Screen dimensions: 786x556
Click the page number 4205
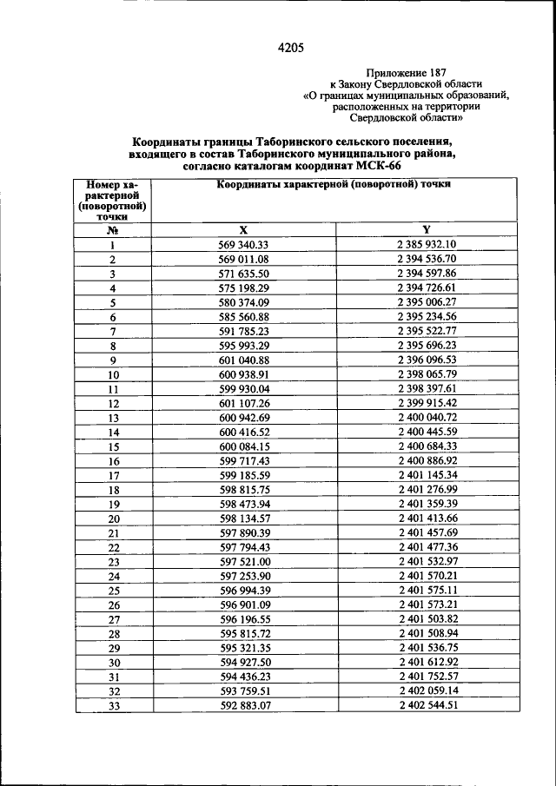[x=290, y=49]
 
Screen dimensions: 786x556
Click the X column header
[x=244, y=230]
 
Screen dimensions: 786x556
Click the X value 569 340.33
[x=244, y=245]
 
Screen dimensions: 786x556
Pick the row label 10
[x=113, y=375]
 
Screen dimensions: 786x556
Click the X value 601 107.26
[x=244, y=403]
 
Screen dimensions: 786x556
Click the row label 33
[x=113, y=705]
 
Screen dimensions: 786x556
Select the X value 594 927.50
[x=244, y=662]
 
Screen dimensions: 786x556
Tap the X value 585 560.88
[x=244, y=317]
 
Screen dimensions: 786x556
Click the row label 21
[x=113, y=532]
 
